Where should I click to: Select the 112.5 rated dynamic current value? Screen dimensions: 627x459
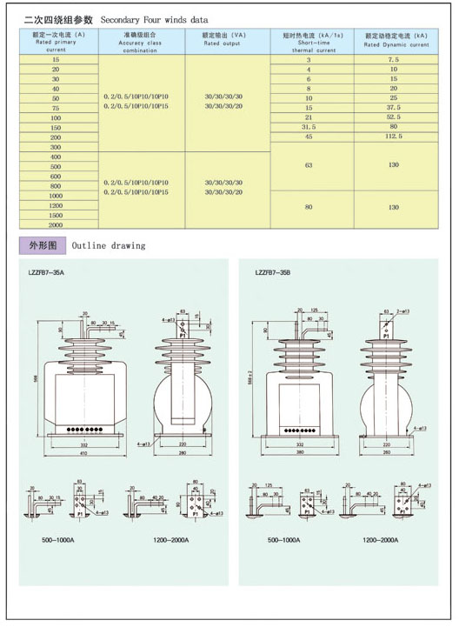click(x=393, y=137)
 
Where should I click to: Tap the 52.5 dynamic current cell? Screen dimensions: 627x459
click(x=393, y=117)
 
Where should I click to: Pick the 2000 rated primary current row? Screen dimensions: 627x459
click(x=56, y=224)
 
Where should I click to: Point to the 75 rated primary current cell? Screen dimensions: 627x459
click(x=56, y=108)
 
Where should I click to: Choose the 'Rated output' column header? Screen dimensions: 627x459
click(x=224, y=38)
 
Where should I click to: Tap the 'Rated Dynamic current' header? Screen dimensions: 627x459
click(x=396, y=38)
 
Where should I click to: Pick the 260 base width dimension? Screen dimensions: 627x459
click(x=386, y=454)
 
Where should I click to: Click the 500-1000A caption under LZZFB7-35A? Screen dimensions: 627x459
click(x=57, y=541)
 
